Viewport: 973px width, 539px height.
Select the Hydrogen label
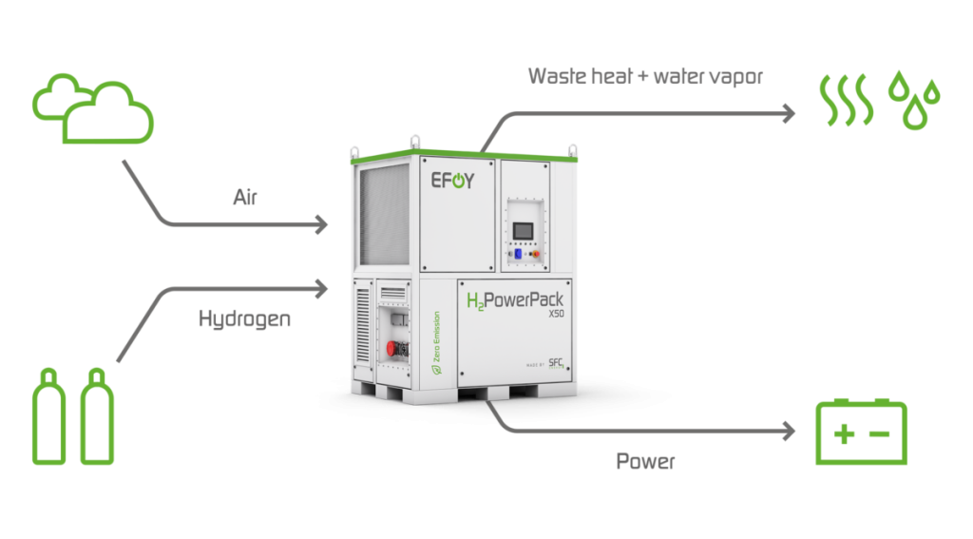[244, 318]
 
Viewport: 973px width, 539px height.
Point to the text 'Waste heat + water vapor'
[645, 76]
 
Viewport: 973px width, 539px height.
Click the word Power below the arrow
[645, 462]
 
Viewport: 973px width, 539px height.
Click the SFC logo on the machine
[556, 363]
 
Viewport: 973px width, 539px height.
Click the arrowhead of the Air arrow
[322, 225]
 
